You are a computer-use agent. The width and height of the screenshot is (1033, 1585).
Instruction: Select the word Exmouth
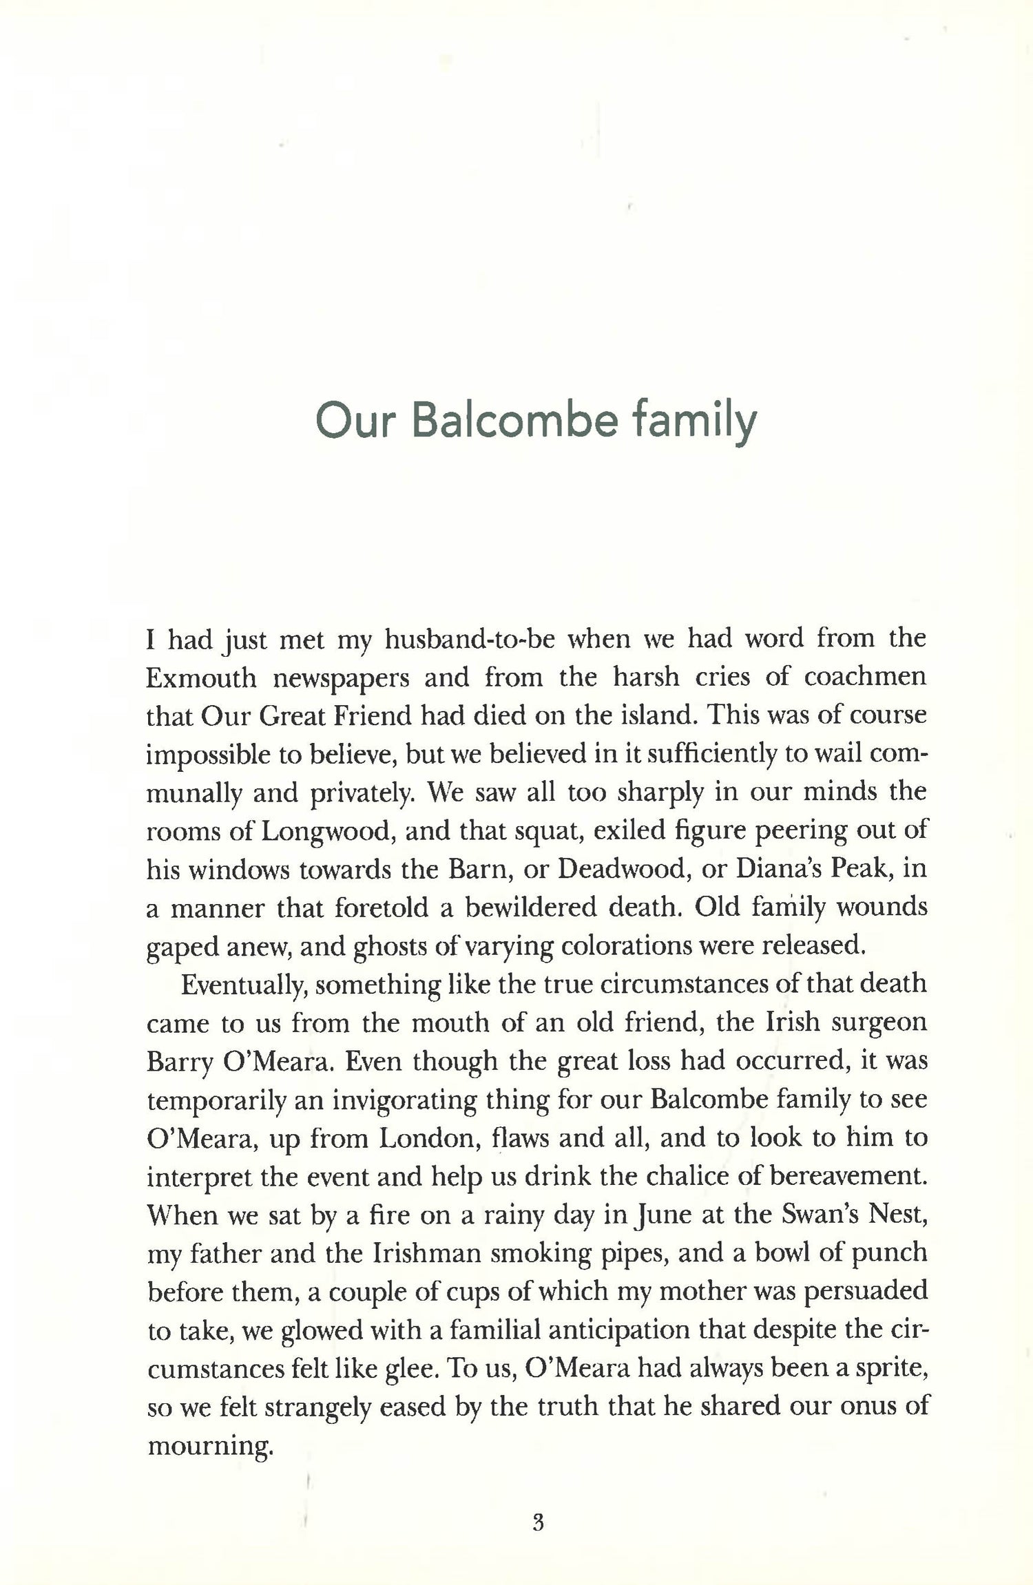coord(201,678)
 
